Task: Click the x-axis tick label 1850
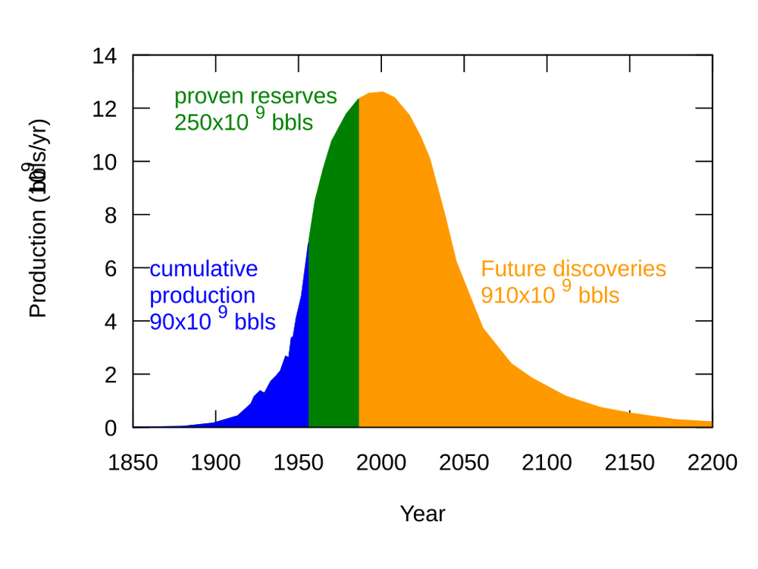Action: [x=133, y=463]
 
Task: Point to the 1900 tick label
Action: [x=216, y=463]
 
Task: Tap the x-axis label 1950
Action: [x=299, y=463]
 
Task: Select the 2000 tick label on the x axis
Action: [x=381, y=463]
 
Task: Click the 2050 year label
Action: [x=464, y=463]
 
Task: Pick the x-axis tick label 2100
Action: [x=547, y=463]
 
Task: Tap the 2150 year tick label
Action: [x=629, y=463]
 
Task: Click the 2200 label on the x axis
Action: [x=712, y=463]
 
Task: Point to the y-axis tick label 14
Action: [x=105, y=55]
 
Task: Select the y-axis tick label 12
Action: [x=105, y=108]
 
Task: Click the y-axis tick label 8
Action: [x=111, y=215]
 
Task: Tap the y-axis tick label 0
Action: [x=111, y=428]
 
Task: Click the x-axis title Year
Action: [x=422, y=514]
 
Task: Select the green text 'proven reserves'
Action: [x=255, y=96]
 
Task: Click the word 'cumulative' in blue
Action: [x=204, y=269]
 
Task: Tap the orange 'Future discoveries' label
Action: [x=573, y=269]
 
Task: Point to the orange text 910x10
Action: [x=518, y=295]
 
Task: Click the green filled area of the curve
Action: [x=334, y=303]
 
